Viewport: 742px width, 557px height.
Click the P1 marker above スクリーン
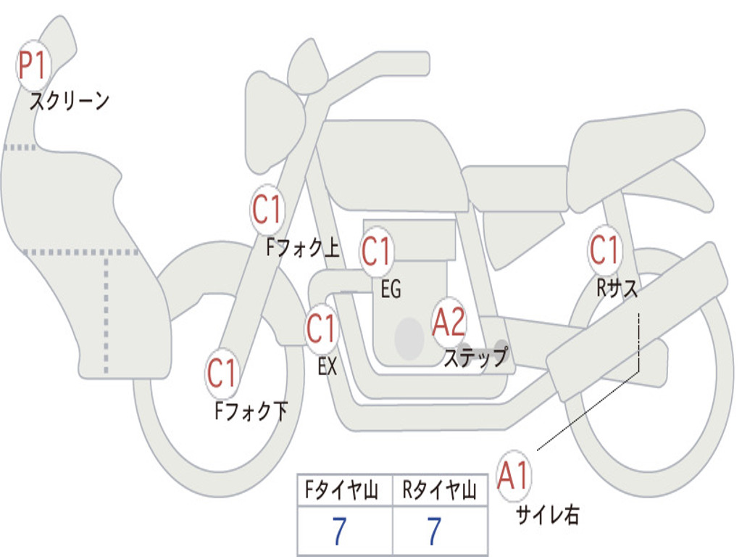[32, 66]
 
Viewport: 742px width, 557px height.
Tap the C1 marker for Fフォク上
[267, 210]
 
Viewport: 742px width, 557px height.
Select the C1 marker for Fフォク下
[222, 374]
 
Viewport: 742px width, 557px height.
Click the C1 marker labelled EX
[322, 329]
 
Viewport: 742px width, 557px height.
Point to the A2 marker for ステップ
[449, 322]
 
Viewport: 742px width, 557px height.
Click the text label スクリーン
[70, 101]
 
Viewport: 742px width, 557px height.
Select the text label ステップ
[475, 358]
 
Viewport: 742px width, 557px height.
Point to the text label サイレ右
[547, 514]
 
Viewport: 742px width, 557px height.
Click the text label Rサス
[617, 289]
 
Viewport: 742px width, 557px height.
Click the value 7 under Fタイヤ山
[339, 532]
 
